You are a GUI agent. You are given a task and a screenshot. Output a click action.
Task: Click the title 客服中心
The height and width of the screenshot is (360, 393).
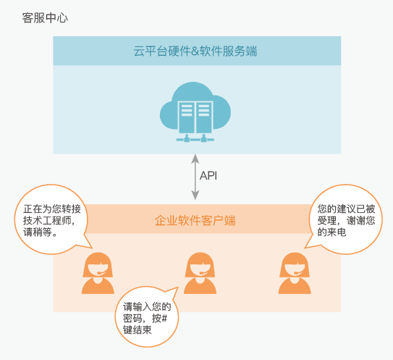point(45,18)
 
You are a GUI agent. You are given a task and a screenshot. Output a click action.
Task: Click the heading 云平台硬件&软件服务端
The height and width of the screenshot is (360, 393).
point(195,51)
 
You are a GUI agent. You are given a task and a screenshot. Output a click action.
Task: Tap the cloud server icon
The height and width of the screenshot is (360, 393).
point(195,112)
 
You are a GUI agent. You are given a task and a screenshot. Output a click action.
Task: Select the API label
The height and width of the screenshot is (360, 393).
point(208,175)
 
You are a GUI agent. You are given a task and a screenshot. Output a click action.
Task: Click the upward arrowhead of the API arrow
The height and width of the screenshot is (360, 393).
point(195,159)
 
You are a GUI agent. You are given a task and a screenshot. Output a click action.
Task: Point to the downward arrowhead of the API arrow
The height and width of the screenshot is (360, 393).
point(195,195)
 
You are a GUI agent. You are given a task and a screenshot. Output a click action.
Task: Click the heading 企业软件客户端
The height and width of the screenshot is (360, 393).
point(195,220)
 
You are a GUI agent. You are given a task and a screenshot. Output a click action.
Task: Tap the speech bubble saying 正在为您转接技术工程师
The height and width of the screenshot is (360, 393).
point(51,219)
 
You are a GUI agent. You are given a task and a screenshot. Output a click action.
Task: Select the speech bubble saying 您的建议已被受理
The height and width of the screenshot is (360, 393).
point(345,219)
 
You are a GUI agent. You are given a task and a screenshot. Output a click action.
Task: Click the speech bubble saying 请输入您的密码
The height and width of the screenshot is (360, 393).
point(147,318)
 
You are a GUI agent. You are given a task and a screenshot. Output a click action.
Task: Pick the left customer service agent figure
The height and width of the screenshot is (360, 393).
point(98,273)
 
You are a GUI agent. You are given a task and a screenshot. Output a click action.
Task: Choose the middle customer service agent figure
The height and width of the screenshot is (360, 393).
point(200,273)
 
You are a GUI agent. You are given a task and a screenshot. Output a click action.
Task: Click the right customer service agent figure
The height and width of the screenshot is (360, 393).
point(295,273)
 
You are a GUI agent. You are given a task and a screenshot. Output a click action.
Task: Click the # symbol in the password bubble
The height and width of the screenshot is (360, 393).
point(164,319)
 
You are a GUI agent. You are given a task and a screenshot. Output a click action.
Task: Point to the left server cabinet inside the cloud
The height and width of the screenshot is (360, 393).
point(187,117)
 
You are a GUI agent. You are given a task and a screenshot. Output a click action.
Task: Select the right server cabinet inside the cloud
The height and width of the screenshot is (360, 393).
point(204,117)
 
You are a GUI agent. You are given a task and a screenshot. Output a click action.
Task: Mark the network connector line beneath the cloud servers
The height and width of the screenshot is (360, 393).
point(195,138)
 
